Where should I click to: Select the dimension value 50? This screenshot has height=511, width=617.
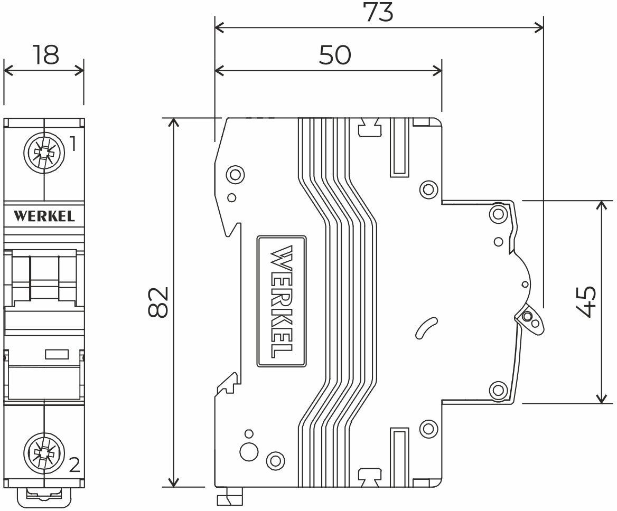[334, 54]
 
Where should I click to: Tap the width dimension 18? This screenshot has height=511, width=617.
[45, 55]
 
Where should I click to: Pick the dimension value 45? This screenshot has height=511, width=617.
[586, 302]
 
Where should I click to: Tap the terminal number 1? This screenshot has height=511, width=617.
[73, 144]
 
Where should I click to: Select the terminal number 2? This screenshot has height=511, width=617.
[74, 465]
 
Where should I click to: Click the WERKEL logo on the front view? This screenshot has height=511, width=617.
[44, 216]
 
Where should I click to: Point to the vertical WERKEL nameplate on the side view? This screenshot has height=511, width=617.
[282, 301]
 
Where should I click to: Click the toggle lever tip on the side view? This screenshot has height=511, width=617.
[530, 319]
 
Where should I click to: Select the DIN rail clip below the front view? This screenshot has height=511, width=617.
[44, 496]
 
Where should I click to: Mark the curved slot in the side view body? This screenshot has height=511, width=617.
[426, 328]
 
